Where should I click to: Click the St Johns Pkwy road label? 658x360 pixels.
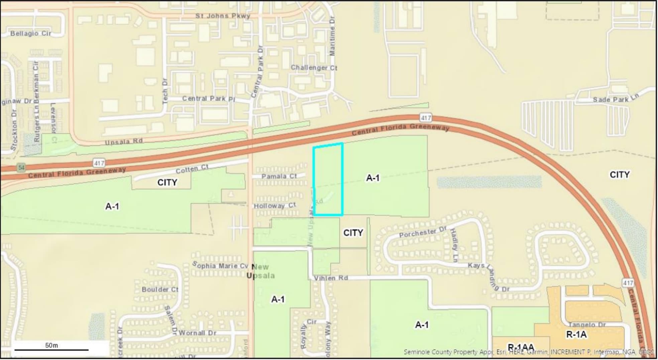pos(223,16)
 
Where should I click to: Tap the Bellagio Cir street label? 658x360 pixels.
pos(31,33)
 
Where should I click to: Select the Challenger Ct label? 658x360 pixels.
pos(314,68)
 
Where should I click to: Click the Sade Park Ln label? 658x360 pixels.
pos(615,99)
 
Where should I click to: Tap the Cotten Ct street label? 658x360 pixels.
pos(192,169)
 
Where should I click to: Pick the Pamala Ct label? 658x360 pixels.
pos(279,176)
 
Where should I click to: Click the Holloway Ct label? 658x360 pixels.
pos(275,205)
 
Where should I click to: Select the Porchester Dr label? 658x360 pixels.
pos(423,232)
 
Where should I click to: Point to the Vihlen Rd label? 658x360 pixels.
pos(331,278)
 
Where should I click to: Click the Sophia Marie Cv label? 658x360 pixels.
pos(220,265)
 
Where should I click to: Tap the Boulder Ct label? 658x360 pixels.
pos(160,289)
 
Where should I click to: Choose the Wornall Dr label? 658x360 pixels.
pos(198,333)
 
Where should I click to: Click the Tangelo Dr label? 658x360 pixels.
pos(587,325)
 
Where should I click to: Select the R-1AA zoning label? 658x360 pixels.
pos(521,347)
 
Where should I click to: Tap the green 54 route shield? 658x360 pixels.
pos(21,167)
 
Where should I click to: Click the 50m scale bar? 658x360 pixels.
pos(51,349)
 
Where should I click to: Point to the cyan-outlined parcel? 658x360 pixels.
pos(328,179)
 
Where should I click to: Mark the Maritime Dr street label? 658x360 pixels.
pos(332,37)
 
